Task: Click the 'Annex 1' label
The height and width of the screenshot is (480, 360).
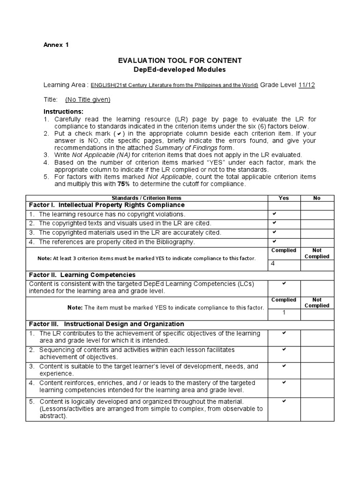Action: pos(56,45)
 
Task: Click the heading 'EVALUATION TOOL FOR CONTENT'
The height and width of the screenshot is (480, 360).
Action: pos(180,60)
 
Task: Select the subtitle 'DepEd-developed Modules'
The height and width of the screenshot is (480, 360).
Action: pos(180,69)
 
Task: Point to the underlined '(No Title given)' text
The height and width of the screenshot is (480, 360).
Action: pos(88,99)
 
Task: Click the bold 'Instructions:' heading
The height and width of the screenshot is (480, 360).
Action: pos(63,112)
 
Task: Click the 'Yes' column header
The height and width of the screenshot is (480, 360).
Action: pos(284,198)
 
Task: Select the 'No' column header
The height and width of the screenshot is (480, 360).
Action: pos(317,198)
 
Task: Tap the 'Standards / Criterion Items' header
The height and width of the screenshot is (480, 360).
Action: pos(147,198)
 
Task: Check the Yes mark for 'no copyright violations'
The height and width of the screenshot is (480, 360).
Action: pos(274,214)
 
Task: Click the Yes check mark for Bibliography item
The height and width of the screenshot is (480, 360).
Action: pos(274,241)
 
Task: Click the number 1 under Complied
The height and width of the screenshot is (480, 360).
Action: pos(284,313)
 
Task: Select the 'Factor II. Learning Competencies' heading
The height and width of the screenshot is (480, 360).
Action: pos(82,275)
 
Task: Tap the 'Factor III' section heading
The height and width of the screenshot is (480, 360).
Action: pos(106,324)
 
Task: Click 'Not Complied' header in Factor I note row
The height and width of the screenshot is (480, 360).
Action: pos(317,253)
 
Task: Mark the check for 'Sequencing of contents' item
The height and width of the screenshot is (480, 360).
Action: pos(284,350)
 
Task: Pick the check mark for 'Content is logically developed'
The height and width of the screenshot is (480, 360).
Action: pos(284,401)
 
